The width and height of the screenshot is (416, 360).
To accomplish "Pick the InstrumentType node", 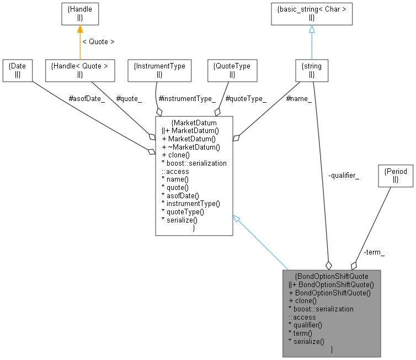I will [159, 70].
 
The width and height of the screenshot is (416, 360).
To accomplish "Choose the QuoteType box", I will [232, 70].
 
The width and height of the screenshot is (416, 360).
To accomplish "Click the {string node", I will [312, 70].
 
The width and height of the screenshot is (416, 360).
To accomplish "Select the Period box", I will [394, 175].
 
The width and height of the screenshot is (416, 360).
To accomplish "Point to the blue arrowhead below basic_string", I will [311, 29].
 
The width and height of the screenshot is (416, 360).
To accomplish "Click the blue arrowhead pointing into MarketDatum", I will [236, 219].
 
